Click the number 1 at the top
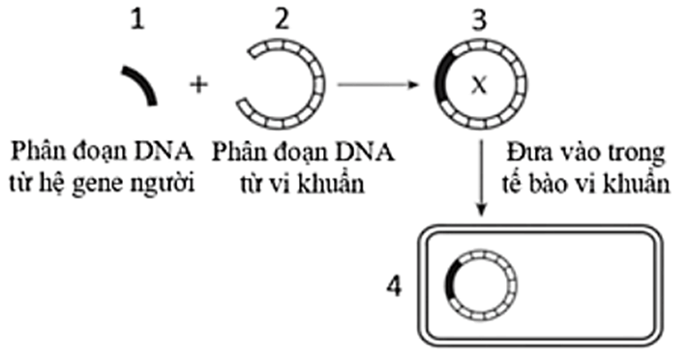click(140, 19)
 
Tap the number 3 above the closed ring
click(475, 19)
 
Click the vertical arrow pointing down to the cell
click(481, 180)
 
